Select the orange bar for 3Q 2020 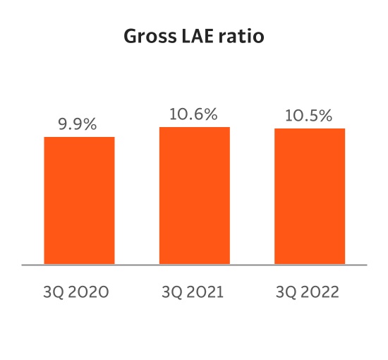coord(79,200)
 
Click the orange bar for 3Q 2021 coord(195,196)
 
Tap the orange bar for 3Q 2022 coord(310,196)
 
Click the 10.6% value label coord(195,114)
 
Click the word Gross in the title coord(148,36)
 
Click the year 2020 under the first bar coord(89,292)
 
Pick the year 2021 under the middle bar coord(204,292)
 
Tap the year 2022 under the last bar coord(320,292)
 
